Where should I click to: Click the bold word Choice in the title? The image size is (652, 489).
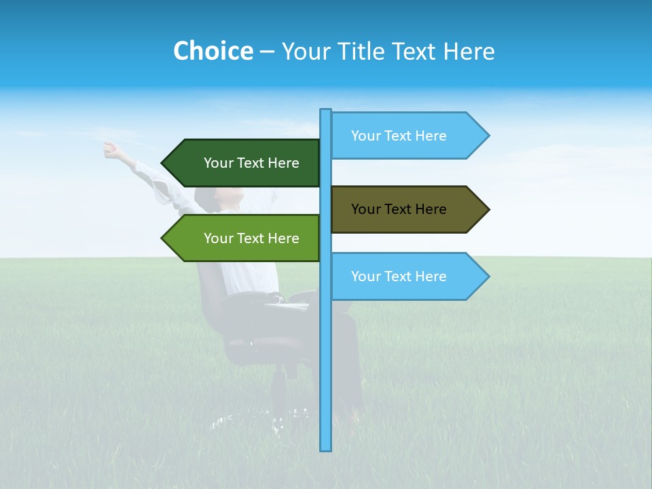click(213, 51)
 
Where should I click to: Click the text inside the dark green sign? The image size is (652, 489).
click(251, 163)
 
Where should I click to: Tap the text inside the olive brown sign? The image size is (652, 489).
click(399, 209)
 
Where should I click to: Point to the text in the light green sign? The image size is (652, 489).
click(251, 238)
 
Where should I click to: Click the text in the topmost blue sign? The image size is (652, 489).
click(399, 136)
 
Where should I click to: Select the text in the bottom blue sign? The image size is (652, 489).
click(399, 276)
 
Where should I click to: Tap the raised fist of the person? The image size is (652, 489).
click(109, 147)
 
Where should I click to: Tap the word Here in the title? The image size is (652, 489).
click(469, 52)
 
